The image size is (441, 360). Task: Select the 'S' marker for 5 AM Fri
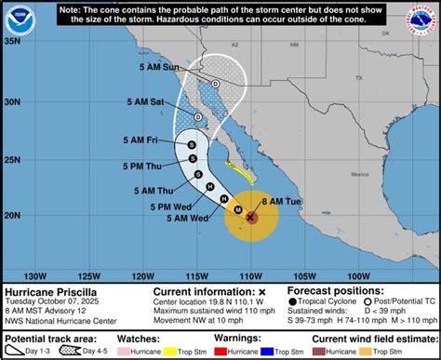[190, 145]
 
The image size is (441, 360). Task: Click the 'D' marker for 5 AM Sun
[216, 84]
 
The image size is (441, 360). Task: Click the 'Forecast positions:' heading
[330, 289]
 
